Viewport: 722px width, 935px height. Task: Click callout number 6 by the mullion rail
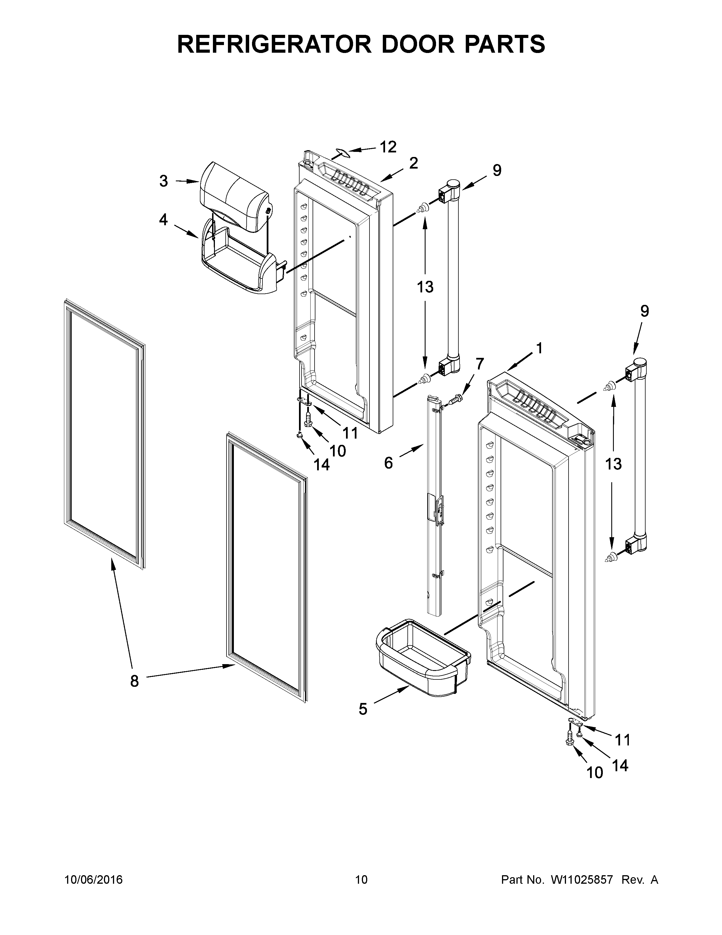pos(479,364)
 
